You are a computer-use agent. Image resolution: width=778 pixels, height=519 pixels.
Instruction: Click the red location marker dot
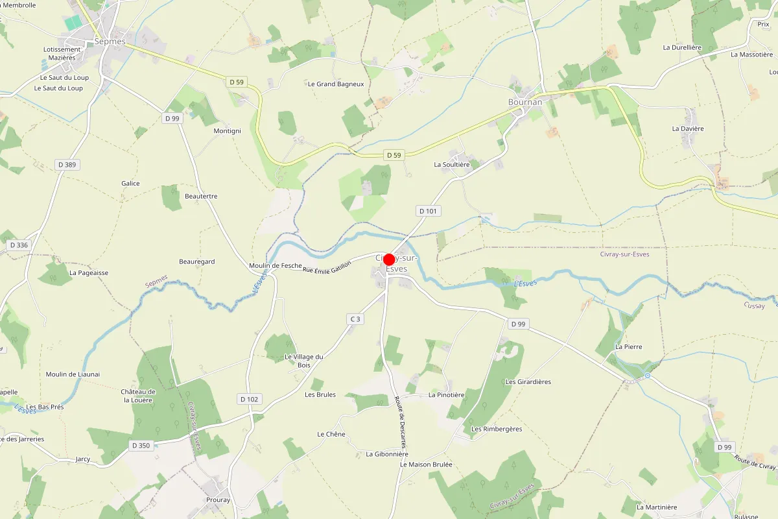pos(389,259)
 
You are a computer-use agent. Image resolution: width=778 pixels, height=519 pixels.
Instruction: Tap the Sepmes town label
pos(110,41)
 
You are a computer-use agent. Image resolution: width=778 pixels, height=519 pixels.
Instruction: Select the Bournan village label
pos(525,102)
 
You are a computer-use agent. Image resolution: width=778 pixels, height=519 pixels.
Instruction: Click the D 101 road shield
pos(428,211)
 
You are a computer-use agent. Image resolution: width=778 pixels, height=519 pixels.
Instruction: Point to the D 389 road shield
pos(66,165)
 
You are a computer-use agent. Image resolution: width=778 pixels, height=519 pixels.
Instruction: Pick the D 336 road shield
pos(19,245)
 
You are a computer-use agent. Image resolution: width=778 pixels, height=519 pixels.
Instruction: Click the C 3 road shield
pos(355,319)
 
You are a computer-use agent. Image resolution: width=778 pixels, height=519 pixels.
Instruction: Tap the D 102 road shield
pos(249,399)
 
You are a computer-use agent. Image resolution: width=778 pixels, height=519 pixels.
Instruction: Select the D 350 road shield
pos(141,446)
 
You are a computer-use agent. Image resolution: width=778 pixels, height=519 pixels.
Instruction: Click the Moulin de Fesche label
pos(276,266)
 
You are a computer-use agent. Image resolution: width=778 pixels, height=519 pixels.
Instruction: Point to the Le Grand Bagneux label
pos(336,84)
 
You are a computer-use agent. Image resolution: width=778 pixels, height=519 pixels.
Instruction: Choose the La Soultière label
pos(452,165)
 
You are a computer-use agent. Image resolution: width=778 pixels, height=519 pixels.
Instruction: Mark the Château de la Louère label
pos(138,396)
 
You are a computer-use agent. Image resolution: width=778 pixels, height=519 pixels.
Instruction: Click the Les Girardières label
pos(528,381)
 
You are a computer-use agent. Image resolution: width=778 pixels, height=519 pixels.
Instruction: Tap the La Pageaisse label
pos(89,273)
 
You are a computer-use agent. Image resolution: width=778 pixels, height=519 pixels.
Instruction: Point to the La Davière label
pos(688,128)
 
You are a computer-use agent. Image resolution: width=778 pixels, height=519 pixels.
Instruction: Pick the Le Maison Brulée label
pos(426,465)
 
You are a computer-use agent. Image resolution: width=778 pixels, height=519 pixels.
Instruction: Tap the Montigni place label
pos(227,131)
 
